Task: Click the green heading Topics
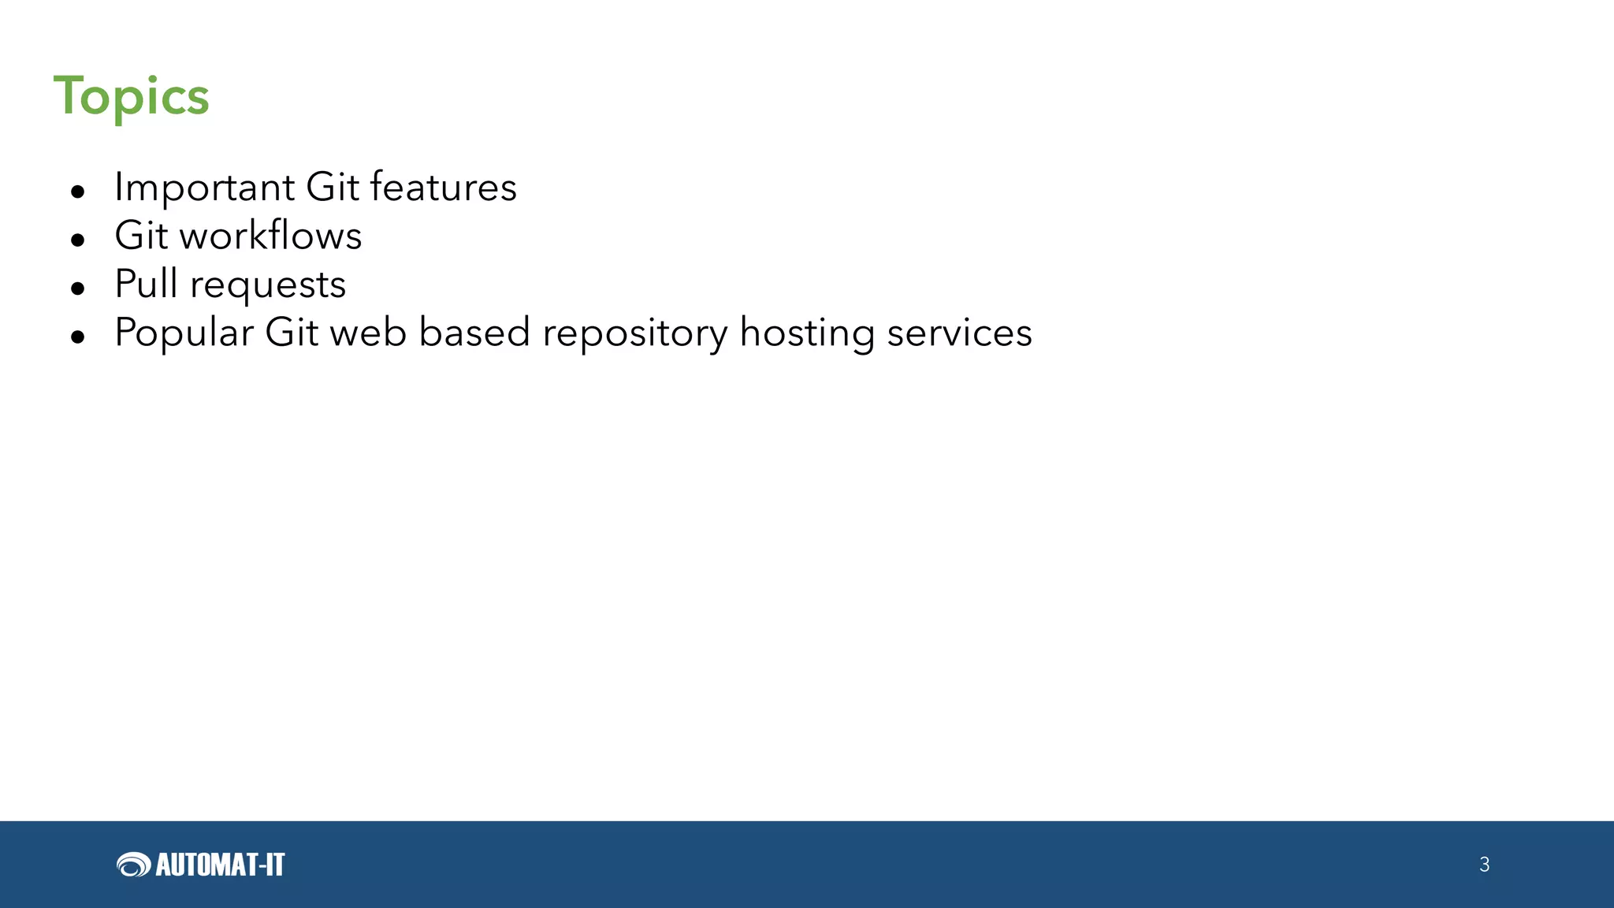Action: [x=131, y=96]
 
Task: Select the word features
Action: [x=443, y=188]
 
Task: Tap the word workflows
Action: [x=271, y=236]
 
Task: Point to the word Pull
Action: [x=146, y=284]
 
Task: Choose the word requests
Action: [x=268, y=285]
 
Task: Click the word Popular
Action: [x=184, y=333]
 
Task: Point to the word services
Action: [x=959, y=333]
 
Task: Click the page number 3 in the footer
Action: [x=1484, y=865]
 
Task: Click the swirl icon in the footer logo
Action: [x=133, y=865]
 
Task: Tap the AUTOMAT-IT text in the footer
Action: [x=220, y=865]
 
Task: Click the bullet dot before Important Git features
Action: [x=77, y=192]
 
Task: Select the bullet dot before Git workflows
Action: [x=77, y=240]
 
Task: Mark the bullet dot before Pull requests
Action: [x=77, y=288]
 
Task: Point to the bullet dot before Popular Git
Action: [x=77, y=337]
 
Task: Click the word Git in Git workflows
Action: [x=141, y=236]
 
